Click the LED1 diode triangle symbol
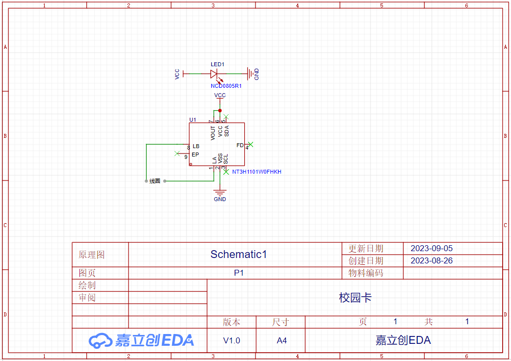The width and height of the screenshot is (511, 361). coord(214,74)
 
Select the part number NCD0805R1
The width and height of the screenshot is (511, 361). coord(226,86)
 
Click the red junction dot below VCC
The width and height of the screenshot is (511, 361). coord(220,111)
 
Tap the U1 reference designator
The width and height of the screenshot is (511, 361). coord(193,120)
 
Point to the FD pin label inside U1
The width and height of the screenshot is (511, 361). coord(240,145)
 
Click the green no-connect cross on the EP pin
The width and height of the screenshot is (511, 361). coord(177,154)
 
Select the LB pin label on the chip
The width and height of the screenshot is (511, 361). coord(196,146)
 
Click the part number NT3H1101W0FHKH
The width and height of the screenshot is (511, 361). coord(257,172)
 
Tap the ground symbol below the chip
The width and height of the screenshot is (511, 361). coord(220,192)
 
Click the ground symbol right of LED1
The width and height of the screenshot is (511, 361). coord(250,74)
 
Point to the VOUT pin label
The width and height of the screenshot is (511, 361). coord(213,133)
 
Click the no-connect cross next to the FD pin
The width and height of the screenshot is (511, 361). coord(250,144)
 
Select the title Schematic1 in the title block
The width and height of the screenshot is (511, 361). coord(238,254)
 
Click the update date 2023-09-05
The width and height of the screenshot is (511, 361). coord(432,248)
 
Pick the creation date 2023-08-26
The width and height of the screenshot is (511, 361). coord(432,260)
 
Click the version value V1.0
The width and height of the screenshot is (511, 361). coord(231,340)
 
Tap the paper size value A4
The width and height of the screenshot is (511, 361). coord(281,340)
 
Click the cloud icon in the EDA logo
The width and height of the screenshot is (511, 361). coord(101,341)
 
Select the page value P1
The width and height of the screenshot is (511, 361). coord(238,273)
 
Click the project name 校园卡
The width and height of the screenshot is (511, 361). coord(355,297)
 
